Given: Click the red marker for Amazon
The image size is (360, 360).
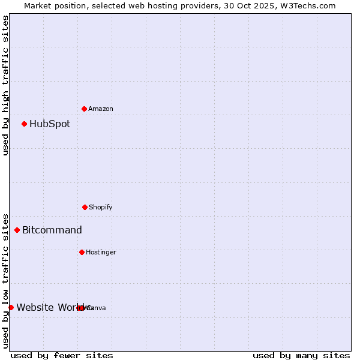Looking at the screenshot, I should [x=85, y=109].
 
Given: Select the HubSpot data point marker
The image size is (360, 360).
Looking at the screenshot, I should [x=25, y=124].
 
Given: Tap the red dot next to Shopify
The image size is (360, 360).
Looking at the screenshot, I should [x=85, y=207].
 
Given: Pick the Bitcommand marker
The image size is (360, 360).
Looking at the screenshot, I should [x=17, y=230].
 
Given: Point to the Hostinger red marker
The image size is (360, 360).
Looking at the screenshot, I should [x=82, y=252].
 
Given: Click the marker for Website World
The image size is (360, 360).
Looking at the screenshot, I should [x=11, y=307].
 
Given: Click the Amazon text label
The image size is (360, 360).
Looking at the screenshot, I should [x=101, y=109].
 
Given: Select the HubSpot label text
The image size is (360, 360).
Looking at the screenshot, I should [x=50, y=124].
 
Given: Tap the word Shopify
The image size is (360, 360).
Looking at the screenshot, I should [x=101, y=208].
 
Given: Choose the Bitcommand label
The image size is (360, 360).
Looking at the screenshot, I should [x=52, y=230].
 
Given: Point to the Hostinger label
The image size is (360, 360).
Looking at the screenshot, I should [x=101, y=253].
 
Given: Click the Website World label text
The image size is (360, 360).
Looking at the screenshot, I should [x=47, y=308].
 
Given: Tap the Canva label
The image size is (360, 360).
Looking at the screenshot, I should [x=96, y=308].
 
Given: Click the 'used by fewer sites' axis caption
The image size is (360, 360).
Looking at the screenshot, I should [x=62, y=356].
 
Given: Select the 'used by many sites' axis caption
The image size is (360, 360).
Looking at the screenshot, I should [x=301, y=356].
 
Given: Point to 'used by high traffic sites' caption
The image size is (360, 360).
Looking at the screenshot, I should [x=5, y=85].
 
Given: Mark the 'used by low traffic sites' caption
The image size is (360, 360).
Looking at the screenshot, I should [x=5, y=281].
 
